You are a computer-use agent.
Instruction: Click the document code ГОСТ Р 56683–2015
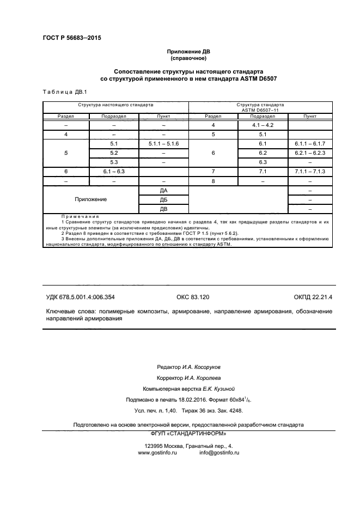click(x=72, y=38)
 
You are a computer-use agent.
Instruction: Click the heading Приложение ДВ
click(x=188, y=51)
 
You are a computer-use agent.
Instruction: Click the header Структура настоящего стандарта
click(x=115, y=104)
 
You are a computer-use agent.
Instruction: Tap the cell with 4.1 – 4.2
click(x=263, y=125)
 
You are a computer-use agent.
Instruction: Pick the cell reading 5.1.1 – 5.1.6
click(x=163, y=143)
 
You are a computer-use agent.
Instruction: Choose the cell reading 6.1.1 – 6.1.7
click(x=310, y=143)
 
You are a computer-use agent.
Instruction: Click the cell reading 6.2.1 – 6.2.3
click(x=310, y=153)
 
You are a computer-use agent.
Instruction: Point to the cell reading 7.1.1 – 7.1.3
click(x=310, y=171)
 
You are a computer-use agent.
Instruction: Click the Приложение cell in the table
click(x=91, y=199)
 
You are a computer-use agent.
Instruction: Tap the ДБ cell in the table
click(x=163, y=199)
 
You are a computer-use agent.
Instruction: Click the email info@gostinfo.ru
click(x=219, y=453)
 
